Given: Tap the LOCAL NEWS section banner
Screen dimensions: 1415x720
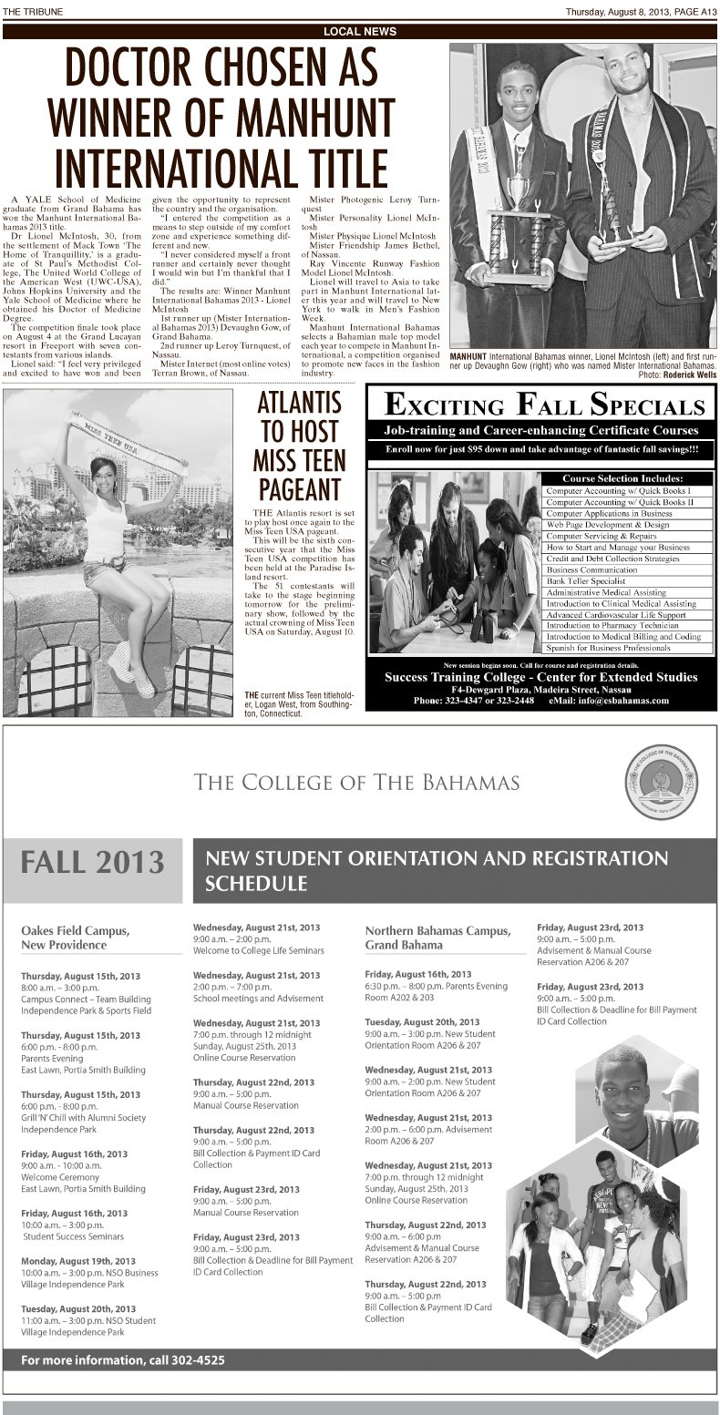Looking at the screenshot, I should coord(360,31).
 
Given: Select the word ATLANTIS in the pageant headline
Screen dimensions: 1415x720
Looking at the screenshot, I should coord(299,403).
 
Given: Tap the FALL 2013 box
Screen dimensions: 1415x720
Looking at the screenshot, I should coord(94,861).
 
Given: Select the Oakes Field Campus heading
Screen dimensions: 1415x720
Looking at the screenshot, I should coord(76,938).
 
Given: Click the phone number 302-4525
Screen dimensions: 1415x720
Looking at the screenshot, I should coord(193,1360).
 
